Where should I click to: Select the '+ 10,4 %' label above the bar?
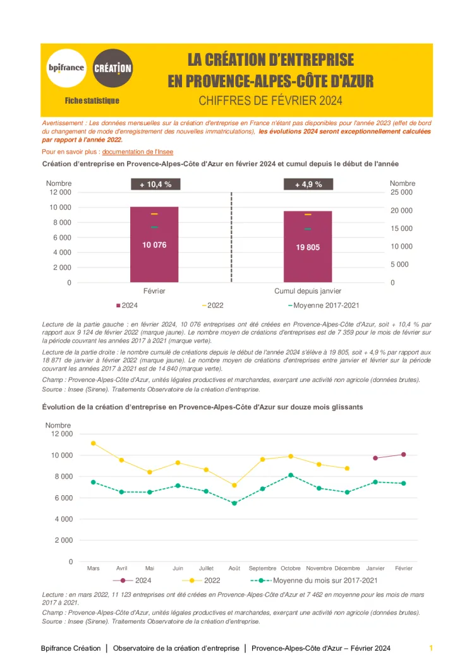click(x=155, y=184)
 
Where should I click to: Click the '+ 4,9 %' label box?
click(x=308, y=184)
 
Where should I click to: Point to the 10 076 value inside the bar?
click(x=154, y=245)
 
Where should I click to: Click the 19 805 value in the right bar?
click(x=308, y=247)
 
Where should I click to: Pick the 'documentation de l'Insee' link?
click(x=137, y=152)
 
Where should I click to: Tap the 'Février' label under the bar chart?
click(x=154, y=291)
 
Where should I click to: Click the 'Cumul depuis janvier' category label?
click(x=308, y=291)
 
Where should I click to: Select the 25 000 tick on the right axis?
click(x=401, y=192)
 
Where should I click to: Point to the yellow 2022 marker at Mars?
click(x=93, y=443)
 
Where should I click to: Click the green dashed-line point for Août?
click(x=234, y=503)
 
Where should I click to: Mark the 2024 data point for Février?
click(x=403, y=455)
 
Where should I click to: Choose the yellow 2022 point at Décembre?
click(x=347, y=468)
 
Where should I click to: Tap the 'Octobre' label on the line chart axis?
click(x=291, y=568)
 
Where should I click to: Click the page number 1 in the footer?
click(x=430, y=648)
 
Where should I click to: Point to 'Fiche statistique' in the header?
click(x=92, y=101)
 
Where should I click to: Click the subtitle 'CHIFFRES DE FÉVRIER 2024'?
click(x=270, y=100)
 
